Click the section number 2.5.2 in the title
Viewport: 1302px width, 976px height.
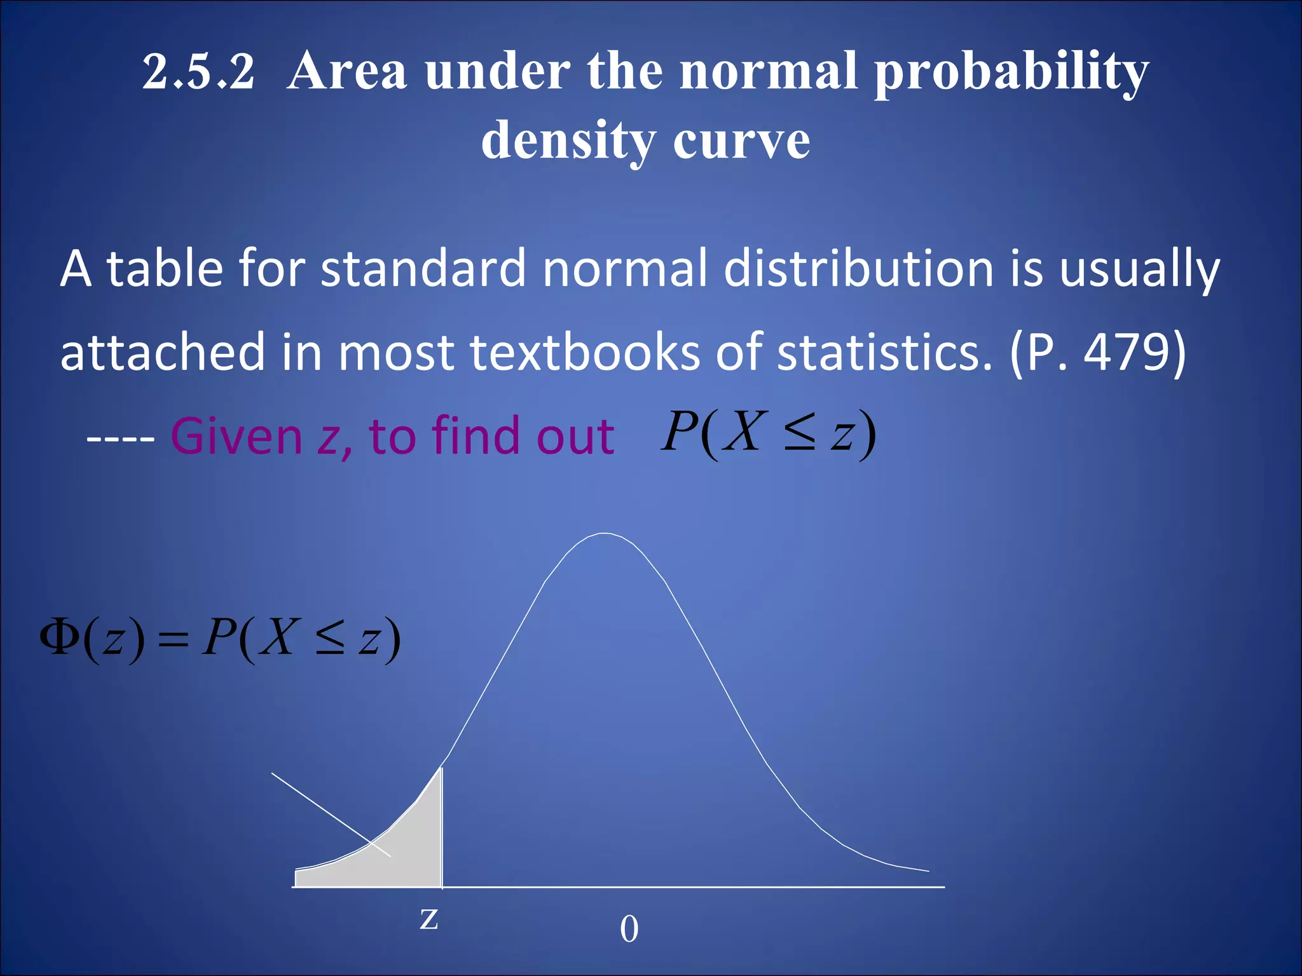(x=198, y=71)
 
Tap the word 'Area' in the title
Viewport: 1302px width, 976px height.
(x=347, y=71)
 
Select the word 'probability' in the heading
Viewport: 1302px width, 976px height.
(x=1011, y=72)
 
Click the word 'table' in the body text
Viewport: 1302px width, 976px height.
(x=165, y=269)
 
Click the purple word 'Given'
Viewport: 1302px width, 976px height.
(x=236, y=437)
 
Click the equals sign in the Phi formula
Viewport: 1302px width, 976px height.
(x=173, y=640)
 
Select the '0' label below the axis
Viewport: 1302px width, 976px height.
(x=629, y=929)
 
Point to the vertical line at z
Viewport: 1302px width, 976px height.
(x=442, y=826)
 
